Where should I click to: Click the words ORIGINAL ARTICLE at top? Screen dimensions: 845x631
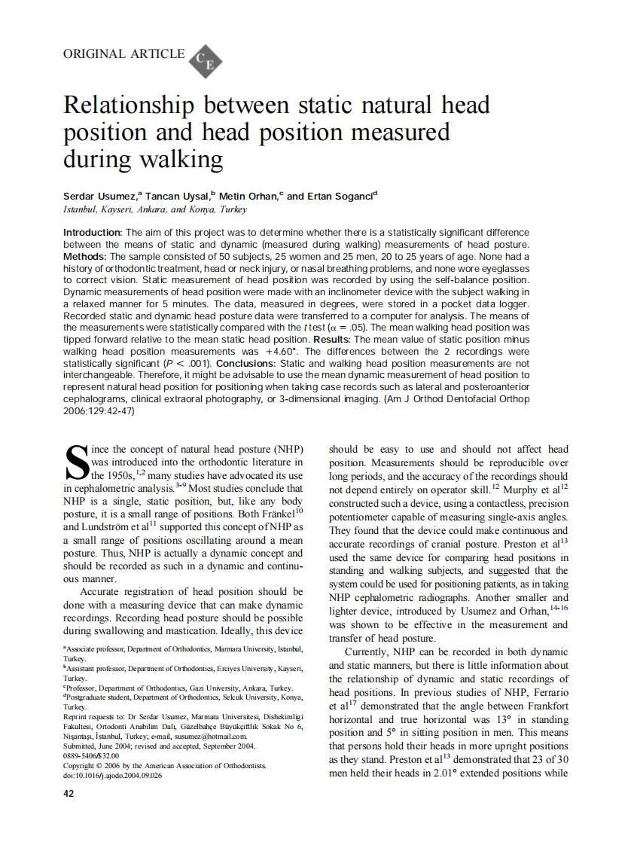click(x=123, y=54)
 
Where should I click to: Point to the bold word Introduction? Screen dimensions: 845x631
click(x=92, y=233)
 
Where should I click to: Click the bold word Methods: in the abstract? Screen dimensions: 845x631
click(x=85, y=257)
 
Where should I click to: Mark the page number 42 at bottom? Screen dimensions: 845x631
click(x=69, y=793)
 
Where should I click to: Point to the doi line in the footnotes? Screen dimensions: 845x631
click(x=112, y=775)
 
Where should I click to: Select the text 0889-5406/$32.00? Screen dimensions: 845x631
click(x=90, y=755)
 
